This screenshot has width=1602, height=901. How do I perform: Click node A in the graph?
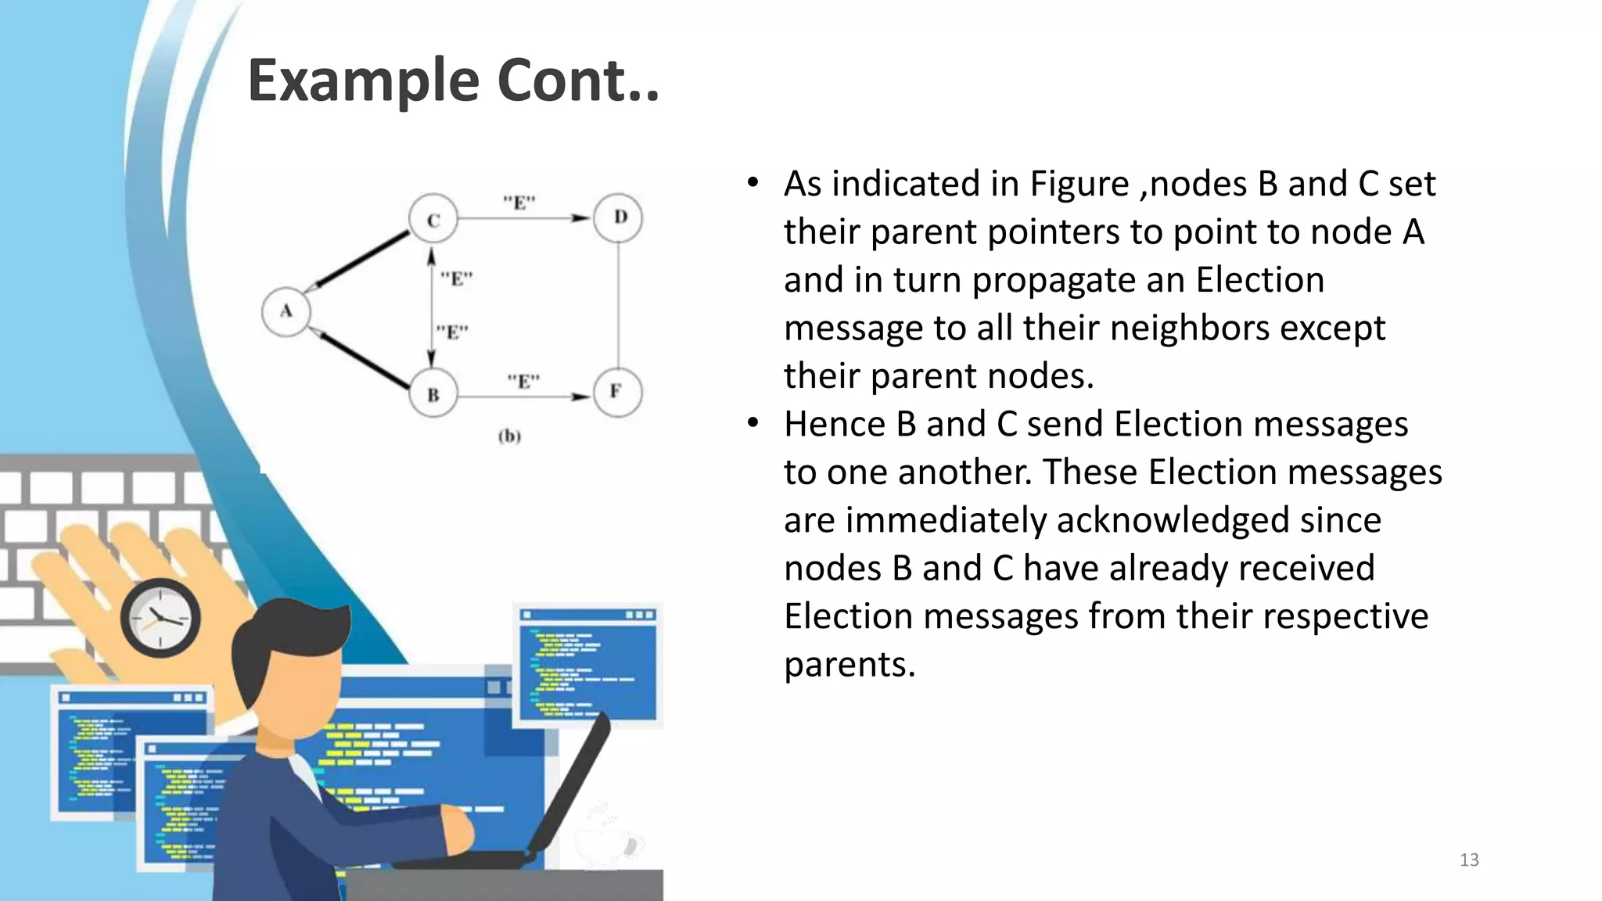click(x=286, y=311)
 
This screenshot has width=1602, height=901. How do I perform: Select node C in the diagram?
click(x=433, y=220)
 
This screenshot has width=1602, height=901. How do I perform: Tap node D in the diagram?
click(x=619, y=217)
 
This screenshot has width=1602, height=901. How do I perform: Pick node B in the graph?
click(x=433, y=394)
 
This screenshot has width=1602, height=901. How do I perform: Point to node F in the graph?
click(x=617, y=391)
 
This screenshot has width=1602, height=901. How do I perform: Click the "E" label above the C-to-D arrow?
click(x=519, y=203)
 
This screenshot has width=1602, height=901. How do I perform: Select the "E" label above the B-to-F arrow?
click(x=523, y=382)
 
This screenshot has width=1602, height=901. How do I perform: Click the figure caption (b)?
click(x=509, y=436)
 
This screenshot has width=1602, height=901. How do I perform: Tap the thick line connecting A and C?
click(x=361, y=260)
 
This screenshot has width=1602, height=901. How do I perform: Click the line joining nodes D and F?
click(x=619, y=305)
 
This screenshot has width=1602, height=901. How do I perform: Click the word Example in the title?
click(x=363, y=81)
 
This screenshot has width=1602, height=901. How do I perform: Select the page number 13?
click(x=1469, y=860)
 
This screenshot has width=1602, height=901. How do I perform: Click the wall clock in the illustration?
click(x=160, y=618)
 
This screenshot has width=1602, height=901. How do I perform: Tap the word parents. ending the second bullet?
click(x=849, y=665)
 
